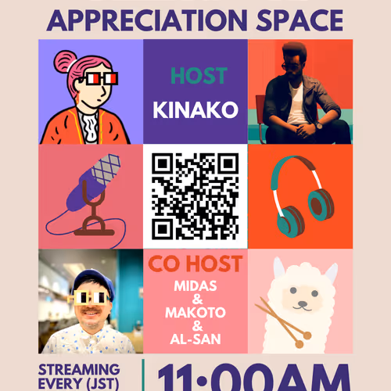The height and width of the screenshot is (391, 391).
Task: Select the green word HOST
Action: (199, 77)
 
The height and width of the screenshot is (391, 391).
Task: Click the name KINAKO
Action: (195, 110)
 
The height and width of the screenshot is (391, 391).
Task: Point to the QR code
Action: (195, 196)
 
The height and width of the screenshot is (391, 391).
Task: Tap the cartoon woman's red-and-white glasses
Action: (99, 80)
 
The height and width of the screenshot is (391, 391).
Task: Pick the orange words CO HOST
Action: (195, 264)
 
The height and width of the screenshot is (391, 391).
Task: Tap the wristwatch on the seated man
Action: (318, 125)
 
